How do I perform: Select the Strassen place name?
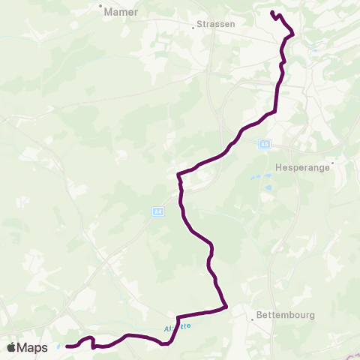(217, 24)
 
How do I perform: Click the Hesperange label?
(304, 169)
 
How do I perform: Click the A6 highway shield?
(264, 144)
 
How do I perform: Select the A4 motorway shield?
(158, 212)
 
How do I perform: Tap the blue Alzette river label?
(174, 328)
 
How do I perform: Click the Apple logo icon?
(12, 347)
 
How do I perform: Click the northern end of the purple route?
(271, 12)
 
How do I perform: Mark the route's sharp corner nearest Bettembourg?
(226, 306)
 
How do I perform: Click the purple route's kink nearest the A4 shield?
(178, 176)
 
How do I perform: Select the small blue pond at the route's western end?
(58, 346)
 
